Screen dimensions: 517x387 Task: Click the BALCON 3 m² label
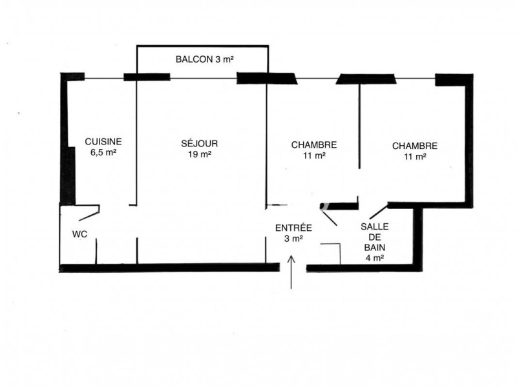(204, 59)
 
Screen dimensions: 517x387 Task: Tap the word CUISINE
(103, 141)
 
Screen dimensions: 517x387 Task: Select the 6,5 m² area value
(103, 152)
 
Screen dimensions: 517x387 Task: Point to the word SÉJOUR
(200, 143)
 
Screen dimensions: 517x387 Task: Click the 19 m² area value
(200, 154)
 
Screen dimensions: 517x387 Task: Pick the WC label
(79, 234)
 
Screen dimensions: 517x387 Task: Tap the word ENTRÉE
(293, 228)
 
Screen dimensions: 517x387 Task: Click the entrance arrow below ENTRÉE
(291, 272)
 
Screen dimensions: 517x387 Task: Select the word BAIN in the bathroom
(375, 247)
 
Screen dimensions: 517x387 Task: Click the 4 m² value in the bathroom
(375, 257)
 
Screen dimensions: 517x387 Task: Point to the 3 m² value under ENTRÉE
(293, 239)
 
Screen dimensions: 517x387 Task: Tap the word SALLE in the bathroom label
(375, 226)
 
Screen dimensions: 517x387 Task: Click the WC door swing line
(89, 216)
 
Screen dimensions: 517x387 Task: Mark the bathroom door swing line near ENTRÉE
(328, 217)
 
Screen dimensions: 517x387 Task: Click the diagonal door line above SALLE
(379, 212)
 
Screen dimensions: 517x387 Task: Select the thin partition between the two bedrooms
(359, 126)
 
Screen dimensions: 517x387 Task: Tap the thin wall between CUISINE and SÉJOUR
(136, 141)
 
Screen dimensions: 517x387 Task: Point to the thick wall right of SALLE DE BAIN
(417, 239)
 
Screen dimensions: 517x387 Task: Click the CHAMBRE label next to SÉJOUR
(314, 144)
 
